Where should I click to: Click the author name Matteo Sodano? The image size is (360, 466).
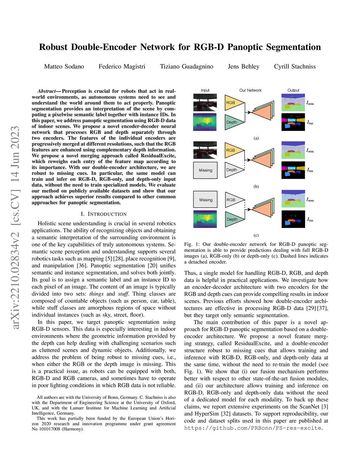tap(64, 66)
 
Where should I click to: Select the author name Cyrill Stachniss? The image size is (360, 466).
tap(295, 66)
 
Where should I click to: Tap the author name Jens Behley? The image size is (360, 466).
tap(243, 66)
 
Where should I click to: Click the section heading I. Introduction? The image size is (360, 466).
tap(103, 214)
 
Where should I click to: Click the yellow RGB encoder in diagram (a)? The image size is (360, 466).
tap(233, 103)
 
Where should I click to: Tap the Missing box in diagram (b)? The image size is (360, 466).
tap(205, 170)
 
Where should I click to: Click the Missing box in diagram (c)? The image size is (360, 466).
tap(206, 200)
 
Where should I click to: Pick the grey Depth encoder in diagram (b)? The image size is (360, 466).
tap(233, 170)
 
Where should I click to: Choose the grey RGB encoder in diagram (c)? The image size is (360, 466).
tap(233, 200)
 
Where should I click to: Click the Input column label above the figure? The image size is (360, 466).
tap(205, 90)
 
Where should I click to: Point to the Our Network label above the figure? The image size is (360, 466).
tap(250, 90)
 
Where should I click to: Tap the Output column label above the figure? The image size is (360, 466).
tap(293, 90)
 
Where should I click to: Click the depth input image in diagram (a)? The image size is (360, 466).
tap(205, 122)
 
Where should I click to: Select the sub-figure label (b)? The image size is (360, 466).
tap(256, 186)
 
